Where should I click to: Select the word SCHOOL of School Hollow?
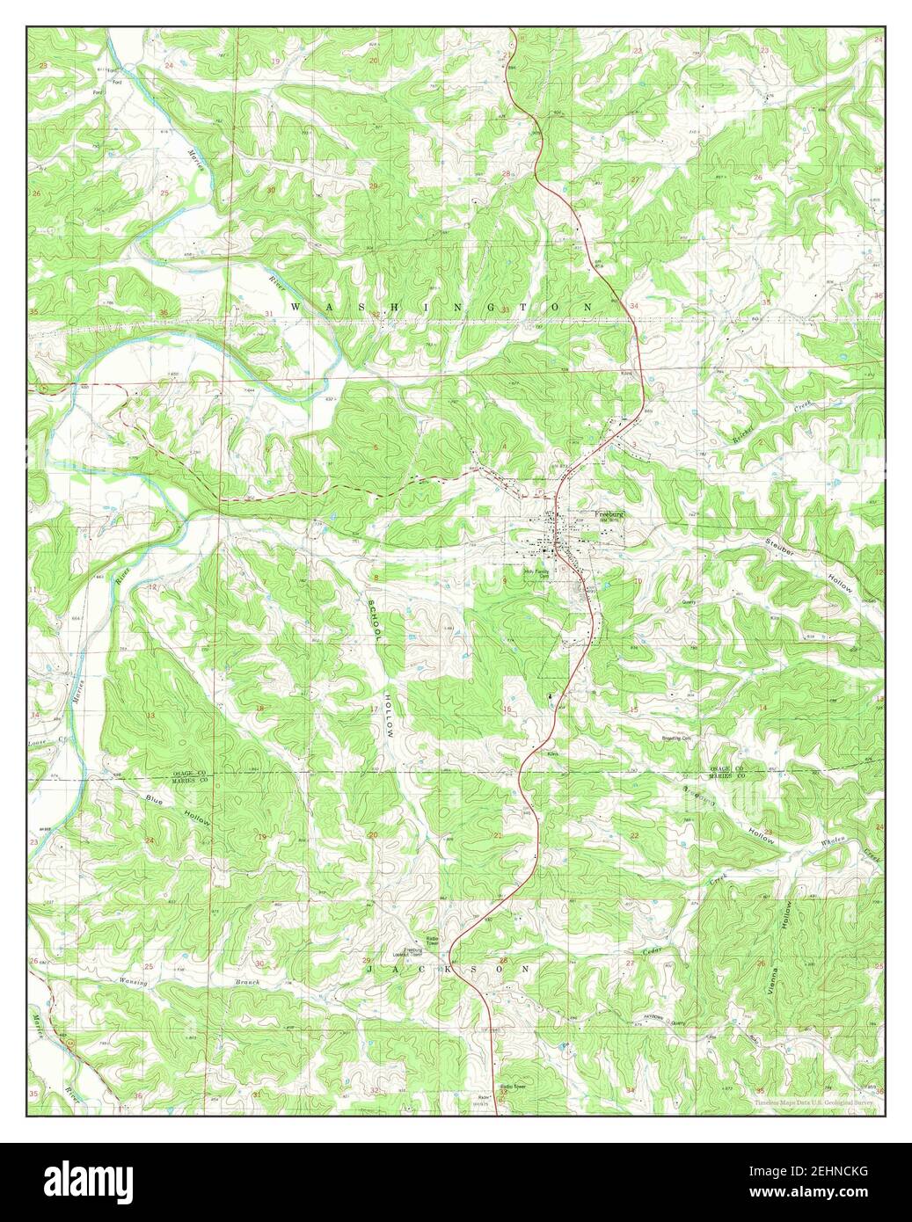pyautogui.click(x=373, y=621)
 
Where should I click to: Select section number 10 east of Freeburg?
pyautogui.click(x=637, y=582)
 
